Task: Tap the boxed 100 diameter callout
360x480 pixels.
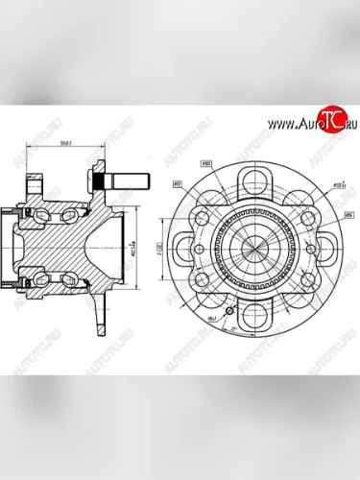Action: pos(207,163)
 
